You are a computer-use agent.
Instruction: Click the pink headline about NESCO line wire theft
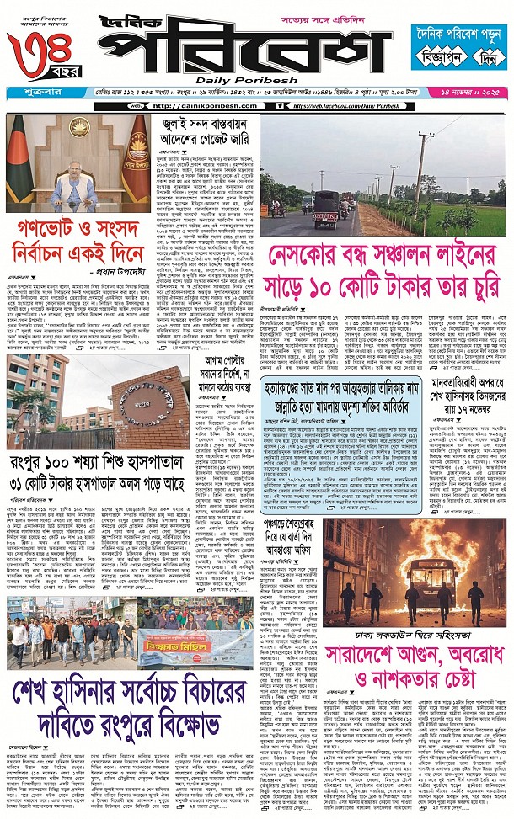point(380,270)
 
